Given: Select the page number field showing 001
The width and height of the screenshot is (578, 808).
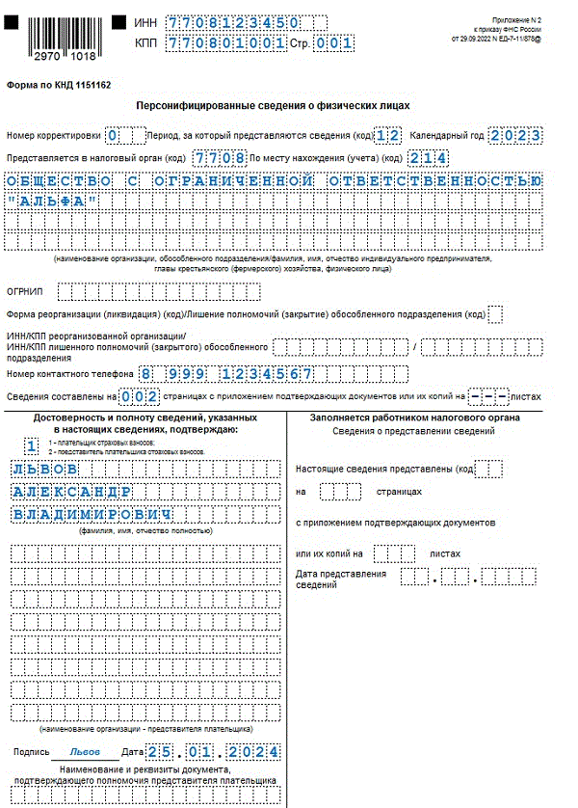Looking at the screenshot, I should tap(334, 43).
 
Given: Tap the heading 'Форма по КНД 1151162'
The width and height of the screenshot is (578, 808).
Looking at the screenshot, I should tap(59, 85).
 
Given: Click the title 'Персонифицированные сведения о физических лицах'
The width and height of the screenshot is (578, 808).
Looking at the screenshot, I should tap(273, 105).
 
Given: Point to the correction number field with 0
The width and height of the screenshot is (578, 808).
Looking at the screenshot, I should tap(113, 136).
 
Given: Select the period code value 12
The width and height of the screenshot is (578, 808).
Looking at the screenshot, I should tap(387, 136).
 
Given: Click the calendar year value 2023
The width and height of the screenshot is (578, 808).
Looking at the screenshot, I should tap(514, 136).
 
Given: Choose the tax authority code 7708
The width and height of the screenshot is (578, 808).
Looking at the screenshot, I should tap(219, 158).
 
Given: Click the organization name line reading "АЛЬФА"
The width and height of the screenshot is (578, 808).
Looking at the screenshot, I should tap(52, 201).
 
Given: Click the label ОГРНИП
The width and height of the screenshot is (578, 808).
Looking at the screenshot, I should tap(24, 289).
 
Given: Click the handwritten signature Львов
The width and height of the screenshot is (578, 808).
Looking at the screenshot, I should tap(85, 752).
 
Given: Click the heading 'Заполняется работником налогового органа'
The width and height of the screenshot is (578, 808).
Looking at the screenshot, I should tap(414, 417).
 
